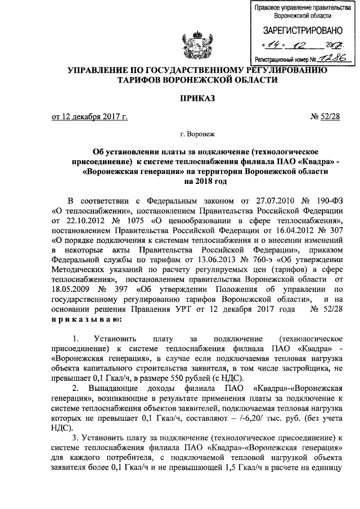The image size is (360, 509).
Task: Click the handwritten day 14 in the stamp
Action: [x=273, y=44]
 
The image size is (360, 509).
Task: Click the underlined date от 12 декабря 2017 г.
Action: [x=89, y=117]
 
